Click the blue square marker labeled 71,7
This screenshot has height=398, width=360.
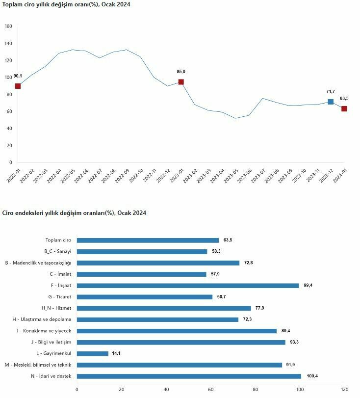click(331, 102)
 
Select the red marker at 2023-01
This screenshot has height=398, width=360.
click(181, 82)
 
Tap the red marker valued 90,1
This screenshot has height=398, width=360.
click(18, 86)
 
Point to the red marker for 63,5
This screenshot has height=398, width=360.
click(344, 108)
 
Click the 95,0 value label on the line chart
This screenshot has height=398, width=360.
click(181, 72)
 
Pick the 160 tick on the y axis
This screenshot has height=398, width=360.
click(8, 27)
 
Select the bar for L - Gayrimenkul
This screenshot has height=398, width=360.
click(93, 353)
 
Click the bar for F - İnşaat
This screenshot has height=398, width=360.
click(187, 286)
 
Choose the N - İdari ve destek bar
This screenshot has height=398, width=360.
click(189, 376)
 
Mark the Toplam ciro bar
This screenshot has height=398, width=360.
click(148, 240)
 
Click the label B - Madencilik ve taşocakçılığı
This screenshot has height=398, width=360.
click(38, 263)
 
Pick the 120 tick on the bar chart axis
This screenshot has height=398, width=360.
click(344, 390)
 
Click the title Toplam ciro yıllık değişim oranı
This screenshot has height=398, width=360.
click(67, 4)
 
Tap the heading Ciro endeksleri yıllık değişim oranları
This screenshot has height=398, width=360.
click(74, 213)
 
